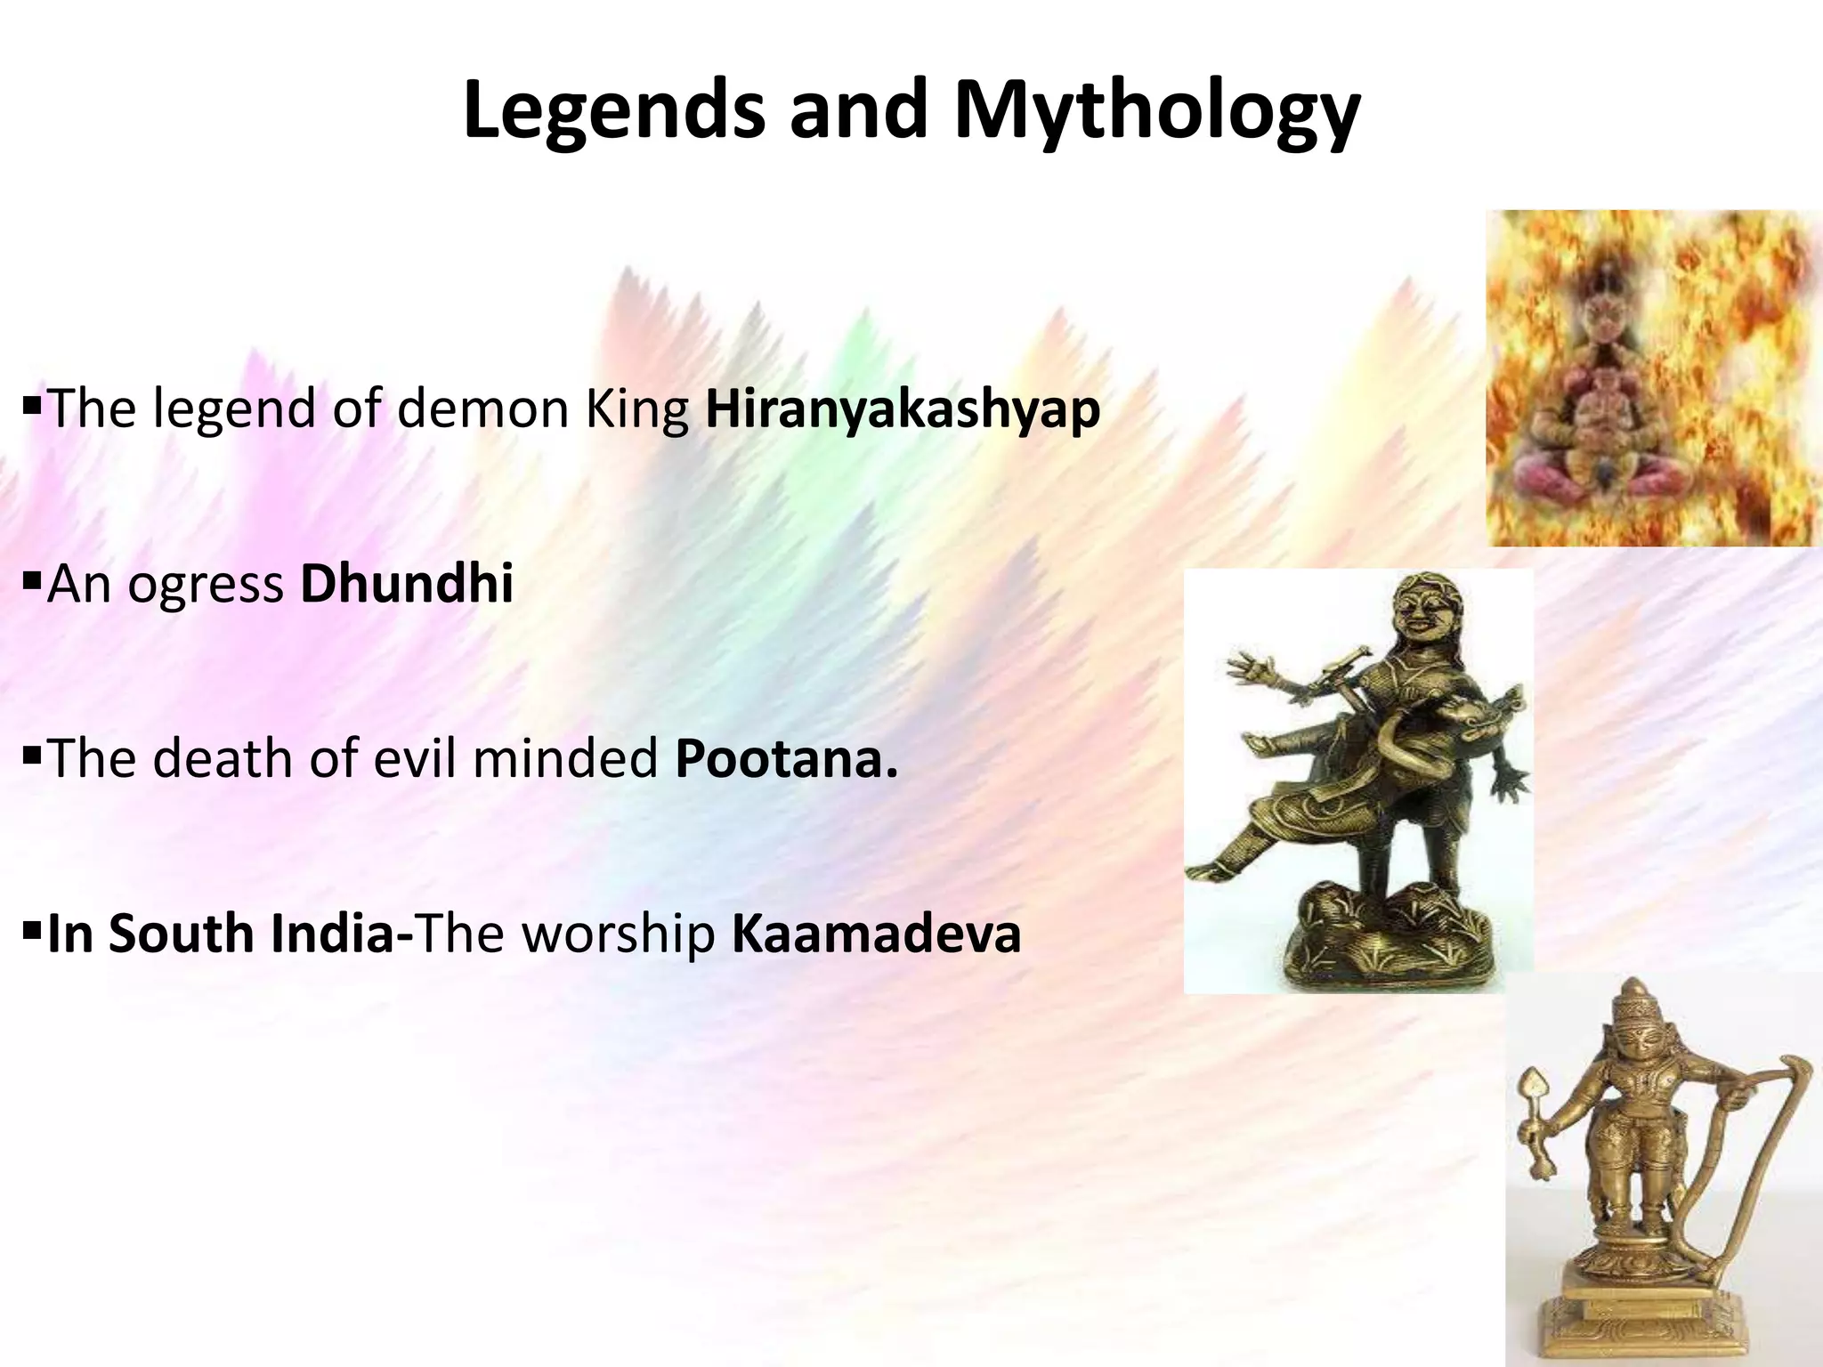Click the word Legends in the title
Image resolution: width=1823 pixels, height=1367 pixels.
click(x=613, y=110)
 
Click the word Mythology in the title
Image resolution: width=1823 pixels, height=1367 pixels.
click(x=1156, y=110)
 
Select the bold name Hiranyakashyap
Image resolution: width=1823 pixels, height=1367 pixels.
click(x=903, y=409)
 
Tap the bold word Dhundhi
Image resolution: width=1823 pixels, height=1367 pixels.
click(x=407, y=584)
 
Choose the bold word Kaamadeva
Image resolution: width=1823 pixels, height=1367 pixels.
click(x=876, y=934)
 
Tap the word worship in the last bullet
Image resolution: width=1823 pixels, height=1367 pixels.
click(x=619, y=934)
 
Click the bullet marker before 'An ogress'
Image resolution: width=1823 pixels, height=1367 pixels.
click(x=32, y=583)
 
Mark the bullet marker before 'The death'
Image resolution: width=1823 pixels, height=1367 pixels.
click(x=32, y=757)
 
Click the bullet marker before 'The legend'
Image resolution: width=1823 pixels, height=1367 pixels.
click(x=32, y=408)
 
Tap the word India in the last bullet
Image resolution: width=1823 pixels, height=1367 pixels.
click(x=331, y=934)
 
